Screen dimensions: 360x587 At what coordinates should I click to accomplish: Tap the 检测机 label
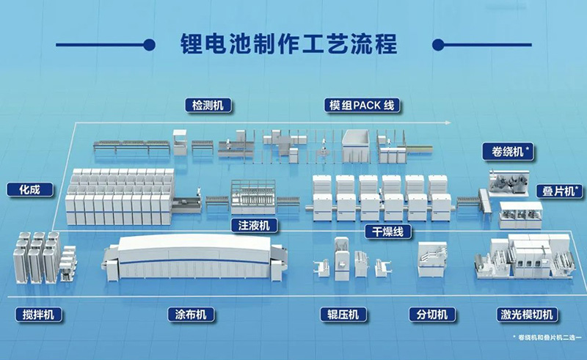pyautogui.click(x=208, y=106)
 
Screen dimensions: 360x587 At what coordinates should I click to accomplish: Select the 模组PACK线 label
pyautogui.click(x=362, y=106)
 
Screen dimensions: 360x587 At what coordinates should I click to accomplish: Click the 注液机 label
pyautogui.click(x=253, y=224)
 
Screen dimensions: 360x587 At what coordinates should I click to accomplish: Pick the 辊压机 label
pyautogui.click(x=343, y=315)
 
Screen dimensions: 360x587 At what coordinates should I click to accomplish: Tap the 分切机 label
pyautogui.click(x=431, y=315)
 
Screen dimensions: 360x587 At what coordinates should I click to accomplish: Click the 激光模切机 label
pyautogui.click(x=526, y=315)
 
